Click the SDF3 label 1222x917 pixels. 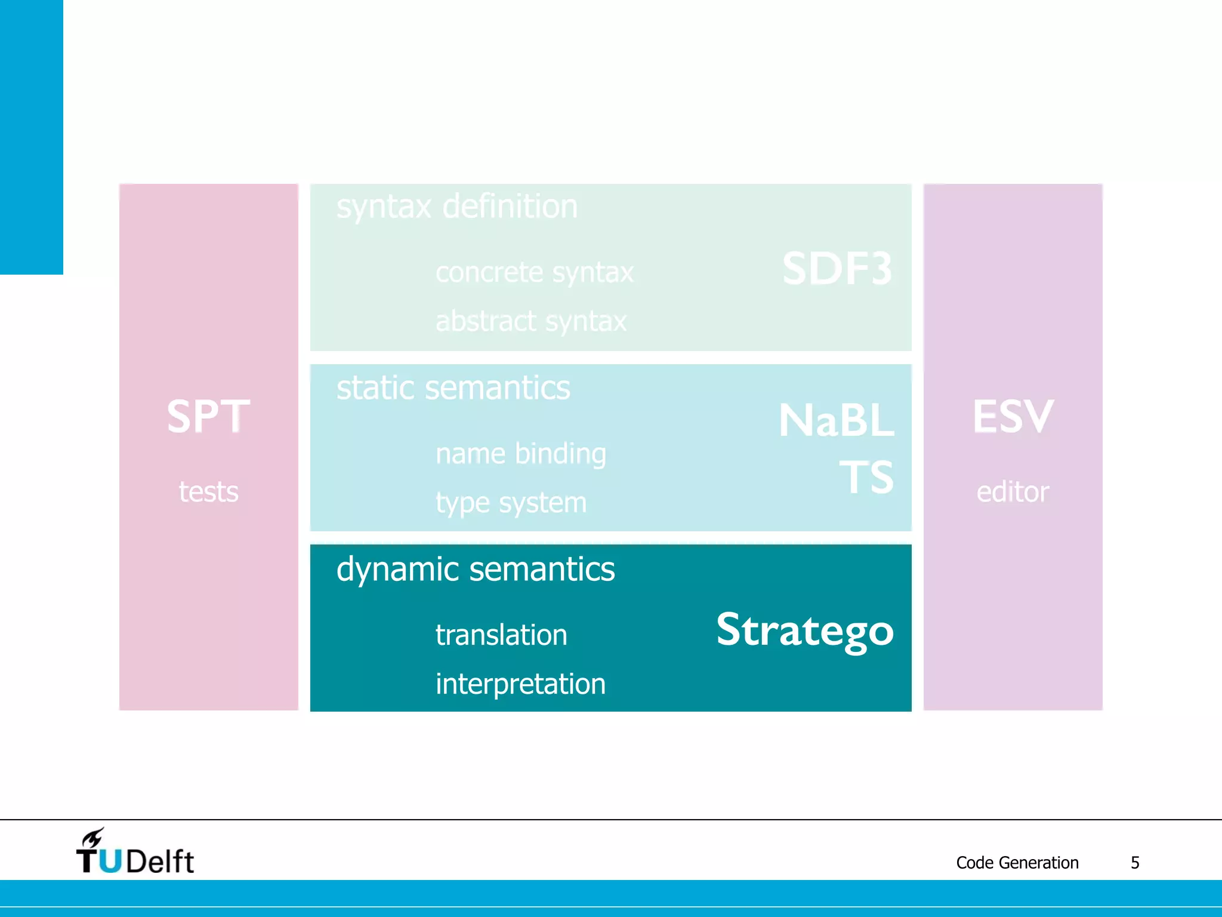tap(837, 269)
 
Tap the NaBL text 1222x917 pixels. tap(836, 421)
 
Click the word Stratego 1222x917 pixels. tap(804, 630)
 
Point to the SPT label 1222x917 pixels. tap(208, 416)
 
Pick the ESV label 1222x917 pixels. tap(1013, 416)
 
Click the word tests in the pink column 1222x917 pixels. tap(208, 492)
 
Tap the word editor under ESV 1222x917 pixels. tap(1013, 492)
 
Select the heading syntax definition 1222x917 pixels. tap(457, 207)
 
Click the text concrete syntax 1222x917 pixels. tap(534, 272)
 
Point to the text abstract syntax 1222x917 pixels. tap(531, 321)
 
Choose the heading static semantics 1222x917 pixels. tap(453, 388)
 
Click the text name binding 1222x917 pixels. tap(520, 454)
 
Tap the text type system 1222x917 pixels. tap(511, 503)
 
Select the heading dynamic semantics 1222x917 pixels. tap(476, 569)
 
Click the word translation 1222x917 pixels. tap(501, 635)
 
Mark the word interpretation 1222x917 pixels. tap(520, 684)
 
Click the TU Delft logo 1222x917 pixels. tap(135, 853)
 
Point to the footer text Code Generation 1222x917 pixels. tap(1017, 863)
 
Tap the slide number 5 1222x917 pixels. tap(1135, 863)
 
